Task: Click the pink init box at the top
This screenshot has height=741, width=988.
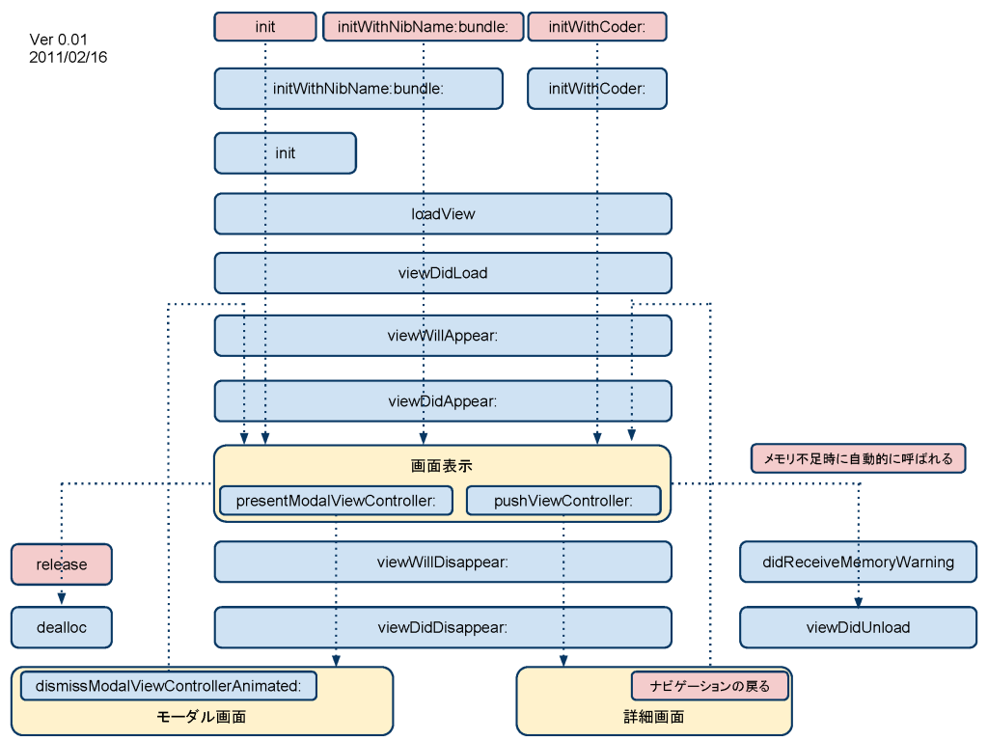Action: (265, 26)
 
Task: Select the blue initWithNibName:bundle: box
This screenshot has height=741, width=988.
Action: (359, 89)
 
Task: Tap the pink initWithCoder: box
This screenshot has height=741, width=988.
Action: (597, 26)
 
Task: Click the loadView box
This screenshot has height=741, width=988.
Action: (443, 213)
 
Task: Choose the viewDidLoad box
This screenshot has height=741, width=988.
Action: (443, 273)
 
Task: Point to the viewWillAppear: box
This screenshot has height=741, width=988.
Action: (443, 335)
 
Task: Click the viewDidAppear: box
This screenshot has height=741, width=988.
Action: (443, 400)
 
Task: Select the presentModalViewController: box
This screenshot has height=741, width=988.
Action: (336, 501)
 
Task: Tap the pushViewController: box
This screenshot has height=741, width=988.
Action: (563, 501)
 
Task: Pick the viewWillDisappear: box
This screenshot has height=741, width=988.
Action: (443, 562)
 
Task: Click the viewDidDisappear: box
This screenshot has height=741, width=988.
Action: (443, 627)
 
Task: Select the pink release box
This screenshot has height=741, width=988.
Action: (62, 563)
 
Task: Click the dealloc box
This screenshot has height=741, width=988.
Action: (62, 627)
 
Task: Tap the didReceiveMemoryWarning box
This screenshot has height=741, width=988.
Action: (858, 562)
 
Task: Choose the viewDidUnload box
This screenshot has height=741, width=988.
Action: (858, 627)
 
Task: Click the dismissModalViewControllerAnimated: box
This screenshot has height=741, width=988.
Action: (168, 686)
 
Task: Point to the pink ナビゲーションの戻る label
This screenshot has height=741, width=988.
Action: (710, 686)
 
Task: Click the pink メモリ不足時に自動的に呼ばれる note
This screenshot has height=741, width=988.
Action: (858, 458)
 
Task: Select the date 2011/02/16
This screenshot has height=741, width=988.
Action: (69, 57)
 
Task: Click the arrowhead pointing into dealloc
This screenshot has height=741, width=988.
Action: (62, 598)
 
